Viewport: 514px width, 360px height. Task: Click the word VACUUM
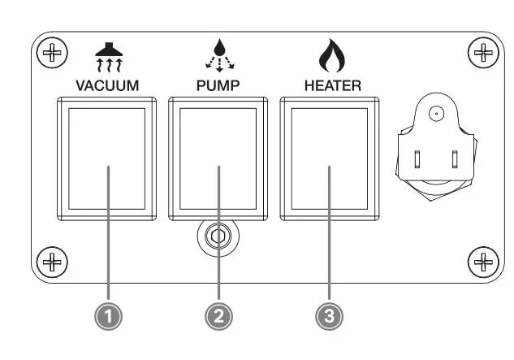[x=107, y=85]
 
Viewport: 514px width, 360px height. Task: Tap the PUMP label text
[x=218, y=85]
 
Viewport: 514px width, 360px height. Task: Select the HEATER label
[x=328, y=85]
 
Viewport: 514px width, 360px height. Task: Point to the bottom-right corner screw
[x=484, y=262]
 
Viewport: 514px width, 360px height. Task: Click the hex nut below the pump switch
[x=217, y=238]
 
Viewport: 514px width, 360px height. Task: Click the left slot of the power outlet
[x=417, y=158]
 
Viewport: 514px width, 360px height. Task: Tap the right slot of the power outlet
[x=456, y=158]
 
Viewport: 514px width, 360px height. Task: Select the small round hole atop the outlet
[x=437, y=115]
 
